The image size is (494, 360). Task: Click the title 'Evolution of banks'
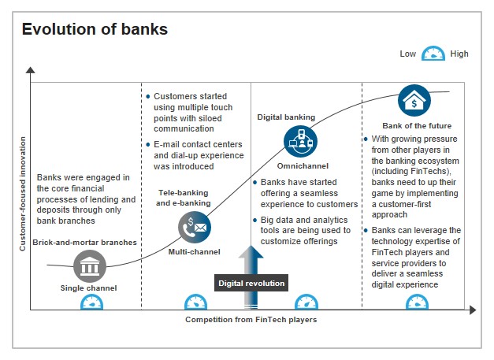coord(94,30)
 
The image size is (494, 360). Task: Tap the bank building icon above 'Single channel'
coord(90,266)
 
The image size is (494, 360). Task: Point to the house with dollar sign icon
coord(414,102)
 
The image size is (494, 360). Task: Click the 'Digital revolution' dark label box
coord(251,283)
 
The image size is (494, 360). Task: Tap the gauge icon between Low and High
coord(433,54)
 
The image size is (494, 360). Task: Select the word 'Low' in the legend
coord(407,54)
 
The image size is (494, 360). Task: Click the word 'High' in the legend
coord(459,54)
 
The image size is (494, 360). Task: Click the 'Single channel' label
coord(89,288)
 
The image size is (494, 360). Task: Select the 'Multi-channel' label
coord(194,252)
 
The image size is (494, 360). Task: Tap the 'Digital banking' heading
coord(286,117)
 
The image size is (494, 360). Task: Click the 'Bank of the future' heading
coord(414,126)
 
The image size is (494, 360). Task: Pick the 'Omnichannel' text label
coord(300,166)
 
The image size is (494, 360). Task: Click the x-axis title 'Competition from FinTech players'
coord(251,320)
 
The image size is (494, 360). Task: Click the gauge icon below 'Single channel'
coord(91,302)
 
